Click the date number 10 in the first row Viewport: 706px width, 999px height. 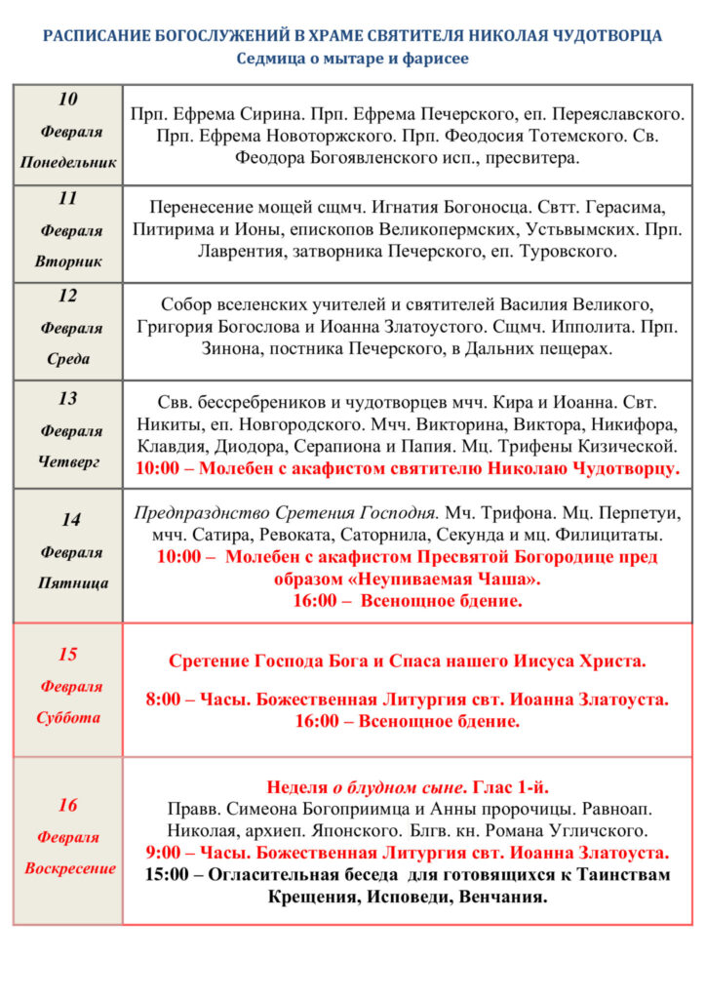click(67, 100)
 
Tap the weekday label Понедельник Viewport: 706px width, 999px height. click(67, 163)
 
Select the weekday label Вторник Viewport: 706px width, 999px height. click(67, 261)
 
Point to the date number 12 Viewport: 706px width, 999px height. click(67, 296)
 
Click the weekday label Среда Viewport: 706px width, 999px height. click(67, 359)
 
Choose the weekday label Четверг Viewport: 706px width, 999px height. click(67, 462)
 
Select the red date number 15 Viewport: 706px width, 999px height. click(67, 654)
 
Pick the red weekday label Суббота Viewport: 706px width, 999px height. click(67, 717)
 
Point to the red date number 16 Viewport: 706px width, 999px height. click(67, 805)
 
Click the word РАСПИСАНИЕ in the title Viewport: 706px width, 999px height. click(97, 36)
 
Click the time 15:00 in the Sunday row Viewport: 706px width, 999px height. click(168, 874)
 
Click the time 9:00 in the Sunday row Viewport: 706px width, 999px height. click(164, 853)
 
